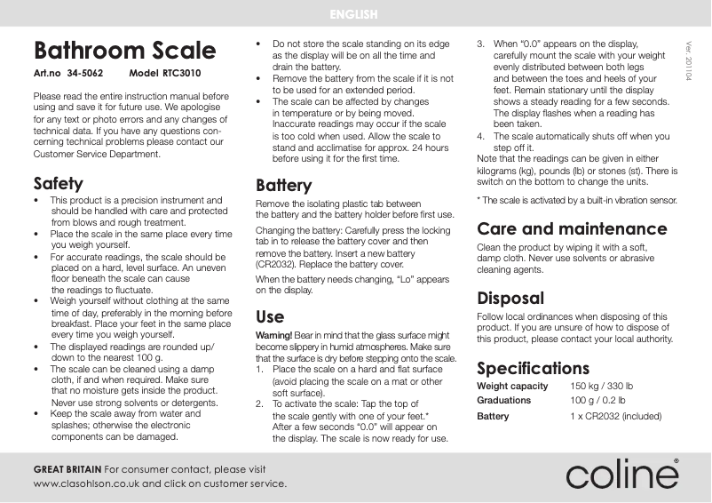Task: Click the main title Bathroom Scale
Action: pos(123,51)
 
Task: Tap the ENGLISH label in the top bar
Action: pos(354,14)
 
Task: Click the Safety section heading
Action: pos(58,184)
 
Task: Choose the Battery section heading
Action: pos(283,186)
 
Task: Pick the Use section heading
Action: pos(270,316)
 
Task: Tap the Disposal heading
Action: pos(510,298)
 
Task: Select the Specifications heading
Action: pos(533,368)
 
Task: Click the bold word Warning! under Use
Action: pos(273,334)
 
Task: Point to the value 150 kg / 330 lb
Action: pos(601,387)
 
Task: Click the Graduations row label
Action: pos(503,401)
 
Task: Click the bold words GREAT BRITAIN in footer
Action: pos(67,468)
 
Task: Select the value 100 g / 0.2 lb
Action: pos(597,401)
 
